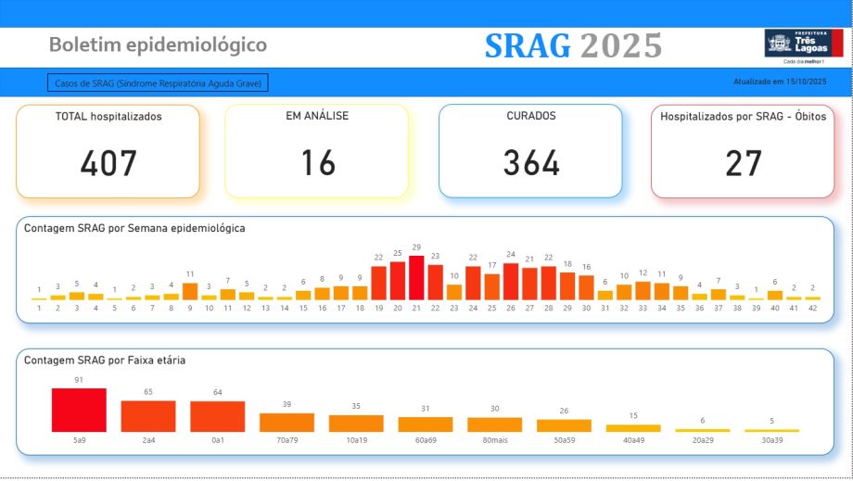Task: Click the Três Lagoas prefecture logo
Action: click(803, 44)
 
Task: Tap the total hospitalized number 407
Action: click(108, 163)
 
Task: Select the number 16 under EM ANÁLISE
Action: click(317, 163)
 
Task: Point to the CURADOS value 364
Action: click(531, 163)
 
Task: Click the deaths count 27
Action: click(744, 163)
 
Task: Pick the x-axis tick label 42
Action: click(812, 308)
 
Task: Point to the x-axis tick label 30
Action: click(586, 308)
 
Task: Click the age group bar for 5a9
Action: click(79, 410)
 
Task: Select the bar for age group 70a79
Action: click(286, 422)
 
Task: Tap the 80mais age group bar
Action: click(494, 424)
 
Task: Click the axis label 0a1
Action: click(218, 439)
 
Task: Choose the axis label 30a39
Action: click(771, 439)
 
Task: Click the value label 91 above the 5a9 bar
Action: click(79, 380)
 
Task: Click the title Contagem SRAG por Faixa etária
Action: click(105, 360)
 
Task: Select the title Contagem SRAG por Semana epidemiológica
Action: click(134, 228)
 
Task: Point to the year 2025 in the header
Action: click(621, 44)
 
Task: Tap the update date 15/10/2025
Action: click(805, 82)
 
